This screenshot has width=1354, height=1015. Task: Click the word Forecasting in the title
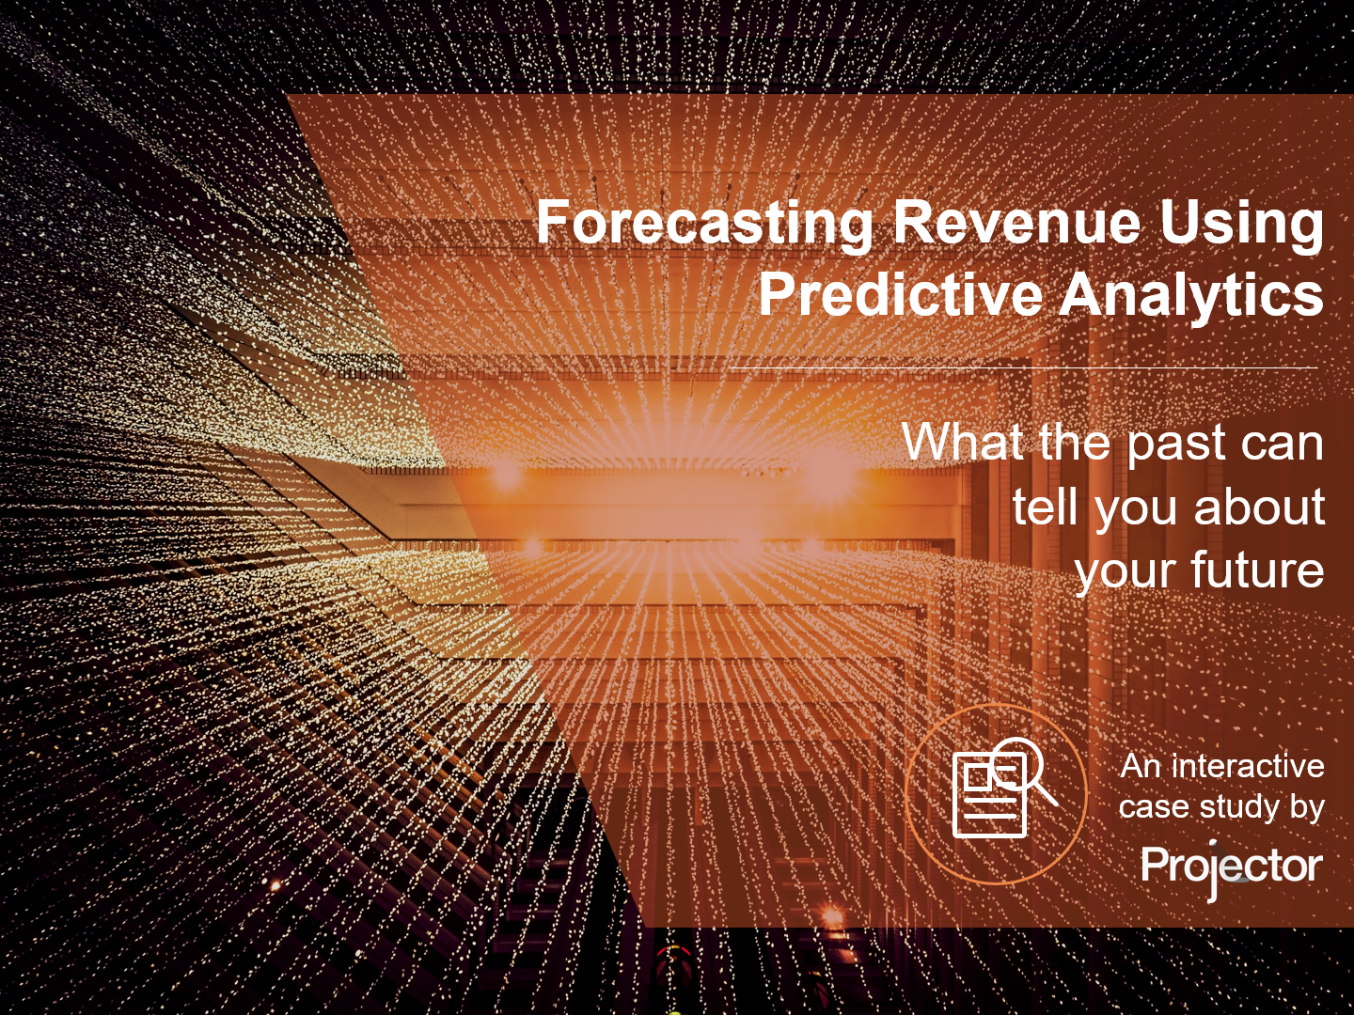tap(704, 225)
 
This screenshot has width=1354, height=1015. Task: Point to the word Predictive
tap(900, 294)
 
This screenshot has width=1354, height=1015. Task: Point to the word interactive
tap(1248, 767)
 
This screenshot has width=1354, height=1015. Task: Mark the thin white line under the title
tap(1023, 368)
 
